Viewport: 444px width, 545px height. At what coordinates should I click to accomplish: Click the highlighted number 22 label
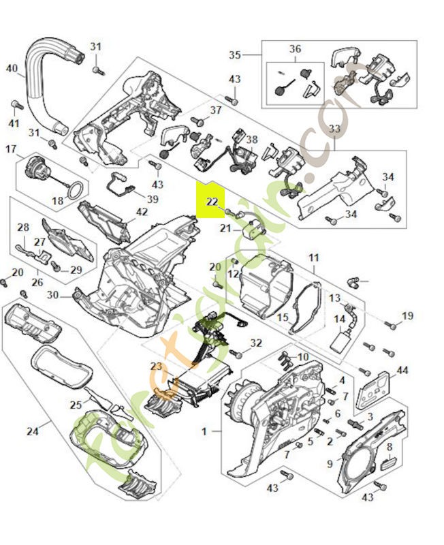pos(212,202)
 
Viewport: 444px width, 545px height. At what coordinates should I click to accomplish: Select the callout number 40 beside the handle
pos(12,68)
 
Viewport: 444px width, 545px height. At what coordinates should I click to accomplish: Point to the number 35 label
pos(235,54)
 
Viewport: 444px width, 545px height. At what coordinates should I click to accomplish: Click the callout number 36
pos(295,48)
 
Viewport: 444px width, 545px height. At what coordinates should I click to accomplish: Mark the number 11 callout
pos(313,258)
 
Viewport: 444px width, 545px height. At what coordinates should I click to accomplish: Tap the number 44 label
pos(402,370)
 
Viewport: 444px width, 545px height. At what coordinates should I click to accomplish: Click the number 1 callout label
pos(204,431)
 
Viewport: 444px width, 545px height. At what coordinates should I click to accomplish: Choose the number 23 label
pos(156,367)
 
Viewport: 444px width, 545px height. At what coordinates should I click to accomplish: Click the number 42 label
pos(141,212)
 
